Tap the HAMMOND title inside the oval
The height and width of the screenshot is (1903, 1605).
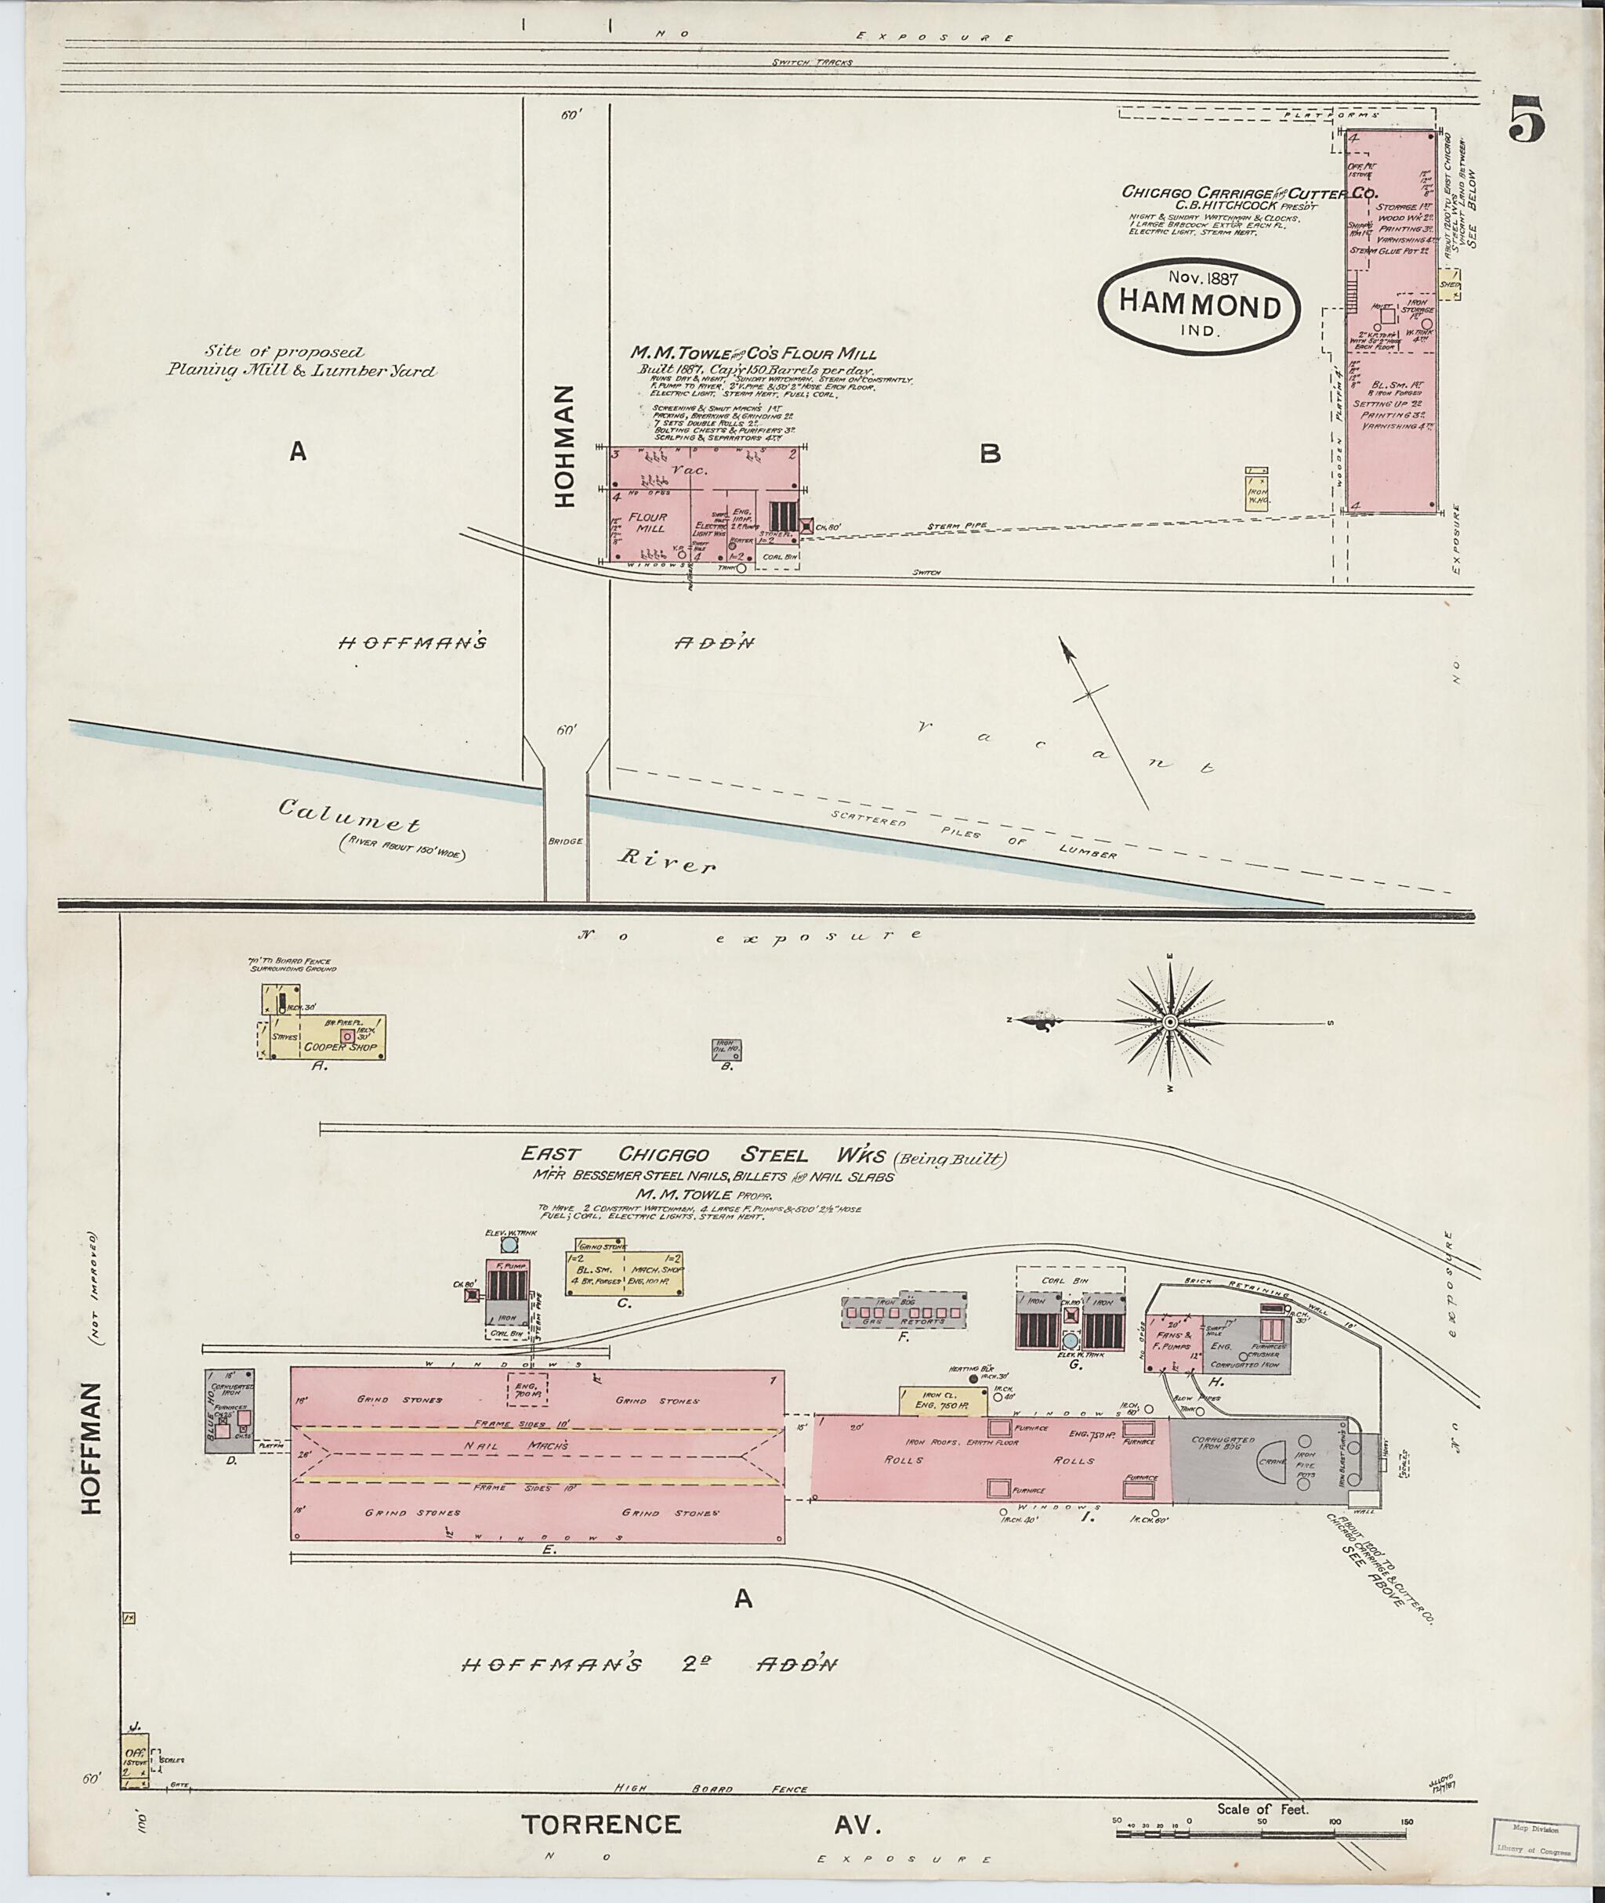[x=1199, y=306]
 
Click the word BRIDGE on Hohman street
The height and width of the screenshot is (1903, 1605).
[x=565, y=842]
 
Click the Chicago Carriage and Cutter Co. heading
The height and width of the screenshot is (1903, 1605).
[x=1249, y=193]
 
